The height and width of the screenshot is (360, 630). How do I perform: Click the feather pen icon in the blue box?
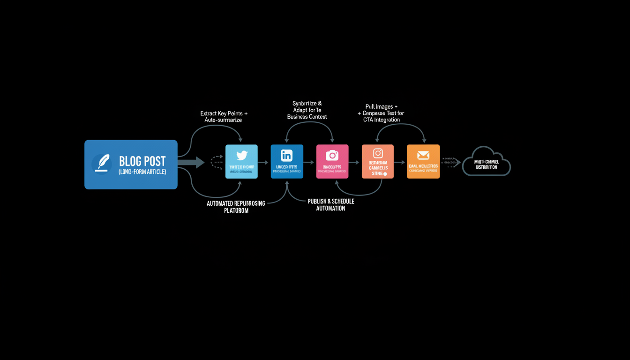[x=102, y=163]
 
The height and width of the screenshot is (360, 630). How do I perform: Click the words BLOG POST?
[x=142, y=162]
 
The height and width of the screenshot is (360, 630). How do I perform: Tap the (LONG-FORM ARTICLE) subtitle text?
[x=142, y=172]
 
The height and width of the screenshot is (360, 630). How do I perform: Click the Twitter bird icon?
[x=241, y=156]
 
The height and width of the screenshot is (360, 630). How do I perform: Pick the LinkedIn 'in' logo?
[x=286, y=155]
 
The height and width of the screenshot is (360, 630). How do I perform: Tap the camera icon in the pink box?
[x=332, y=155]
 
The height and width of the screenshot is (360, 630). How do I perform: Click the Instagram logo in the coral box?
[x=378, y=153]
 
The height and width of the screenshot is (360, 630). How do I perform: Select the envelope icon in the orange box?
[x=423, y=155]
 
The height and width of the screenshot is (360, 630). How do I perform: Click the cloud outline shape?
[x=486, y=162]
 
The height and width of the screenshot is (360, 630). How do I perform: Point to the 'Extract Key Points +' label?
[x=224, y=113]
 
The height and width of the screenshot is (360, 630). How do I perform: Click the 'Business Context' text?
[x=307, y=117]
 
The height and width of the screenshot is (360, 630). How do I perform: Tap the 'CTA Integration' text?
[x=381, y=120]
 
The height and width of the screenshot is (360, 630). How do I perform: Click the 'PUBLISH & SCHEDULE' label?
[x=330, y=201]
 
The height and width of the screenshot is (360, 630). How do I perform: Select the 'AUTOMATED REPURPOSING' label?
[x=236, y=203]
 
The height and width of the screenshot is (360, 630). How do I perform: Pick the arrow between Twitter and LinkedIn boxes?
[x=264, y=163]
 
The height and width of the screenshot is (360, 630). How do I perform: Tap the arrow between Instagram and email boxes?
[x=400, y=163]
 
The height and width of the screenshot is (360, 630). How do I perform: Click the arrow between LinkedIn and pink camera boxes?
[x=309, y=163]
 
